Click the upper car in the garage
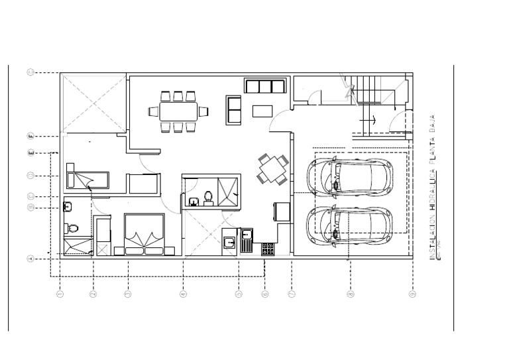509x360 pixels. (x=349, y=176)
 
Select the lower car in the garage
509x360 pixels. (x=349, y=225)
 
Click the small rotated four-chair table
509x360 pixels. (x=273, y=170)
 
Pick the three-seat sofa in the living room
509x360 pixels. (x=264, y=86)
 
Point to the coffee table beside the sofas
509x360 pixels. (x=262, y=111)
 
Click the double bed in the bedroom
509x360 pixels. (x=144, y=233)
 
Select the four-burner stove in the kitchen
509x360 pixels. (x=268, y=249)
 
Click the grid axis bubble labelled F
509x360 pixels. (x=30, y=137)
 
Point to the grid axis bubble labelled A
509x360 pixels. (x=30, y=259)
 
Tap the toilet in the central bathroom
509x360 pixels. (x=209, y=197)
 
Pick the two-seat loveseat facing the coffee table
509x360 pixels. (x=234, y=110)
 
